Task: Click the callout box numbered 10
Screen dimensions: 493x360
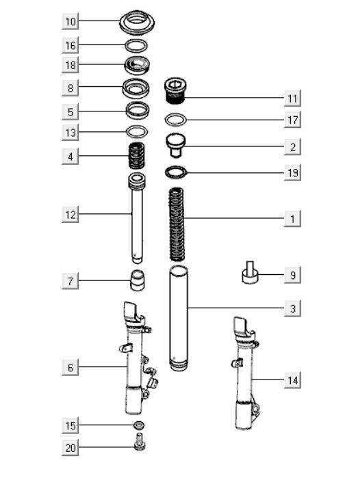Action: [70, 22]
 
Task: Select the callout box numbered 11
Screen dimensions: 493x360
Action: [292, 98]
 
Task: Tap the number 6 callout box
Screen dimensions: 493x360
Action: [70, 368]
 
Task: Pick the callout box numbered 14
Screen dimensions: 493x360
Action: [292, 379]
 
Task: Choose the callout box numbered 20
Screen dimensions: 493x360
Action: [70, 449]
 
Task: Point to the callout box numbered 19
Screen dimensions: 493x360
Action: [292, 173]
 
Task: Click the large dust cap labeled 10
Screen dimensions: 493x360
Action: [137, 21]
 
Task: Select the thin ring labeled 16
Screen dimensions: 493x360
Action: [137, 46]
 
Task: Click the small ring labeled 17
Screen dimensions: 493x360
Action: [177, 120]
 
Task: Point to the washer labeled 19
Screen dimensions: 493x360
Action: [177, 172]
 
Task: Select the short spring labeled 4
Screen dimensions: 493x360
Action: [138, 157]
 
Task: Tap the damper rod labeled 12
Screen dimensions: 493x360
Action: [137, 219]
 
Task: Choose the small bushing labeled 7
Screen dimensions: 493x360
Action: [138, 280]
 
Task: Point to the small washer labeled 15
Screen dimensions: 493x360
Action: [139, 426]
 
